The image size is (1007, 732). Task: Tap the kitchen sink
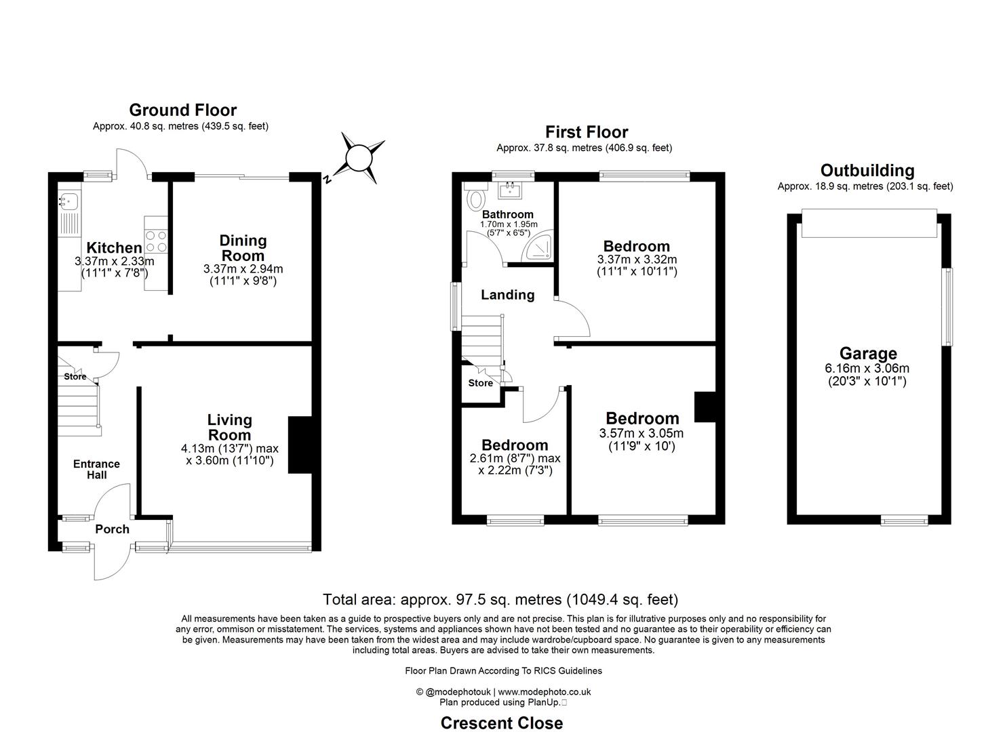tap(68, 200)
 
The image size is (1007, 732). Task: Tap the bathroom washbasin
tap(509, 190)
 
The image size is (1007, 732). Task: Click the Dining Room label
tap(243, 248)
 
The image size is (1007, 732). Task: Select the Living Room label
tap(229, 428)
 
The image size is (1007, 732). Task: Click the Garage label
tap(868, 353)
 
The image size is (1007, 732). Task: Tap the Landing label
tap(507, 295)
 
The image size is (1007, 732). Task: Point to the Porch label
tap(112, 529)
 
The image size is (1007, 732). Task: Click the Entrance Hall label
tap(96, 469)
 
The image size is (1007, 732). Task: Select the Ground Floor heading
tap(182, 110)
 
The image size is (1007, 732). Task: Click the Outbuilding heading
tap(867, 170)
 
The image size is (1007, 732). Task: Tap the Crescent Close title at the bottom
tap(501, 723)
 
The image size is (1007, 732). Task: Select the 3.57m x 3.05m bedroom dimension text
tap(641, 434)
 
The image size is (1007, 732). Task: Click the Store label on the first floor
tap(480, 383)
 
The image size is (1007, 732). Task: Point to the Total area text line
tap(500, 599)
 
